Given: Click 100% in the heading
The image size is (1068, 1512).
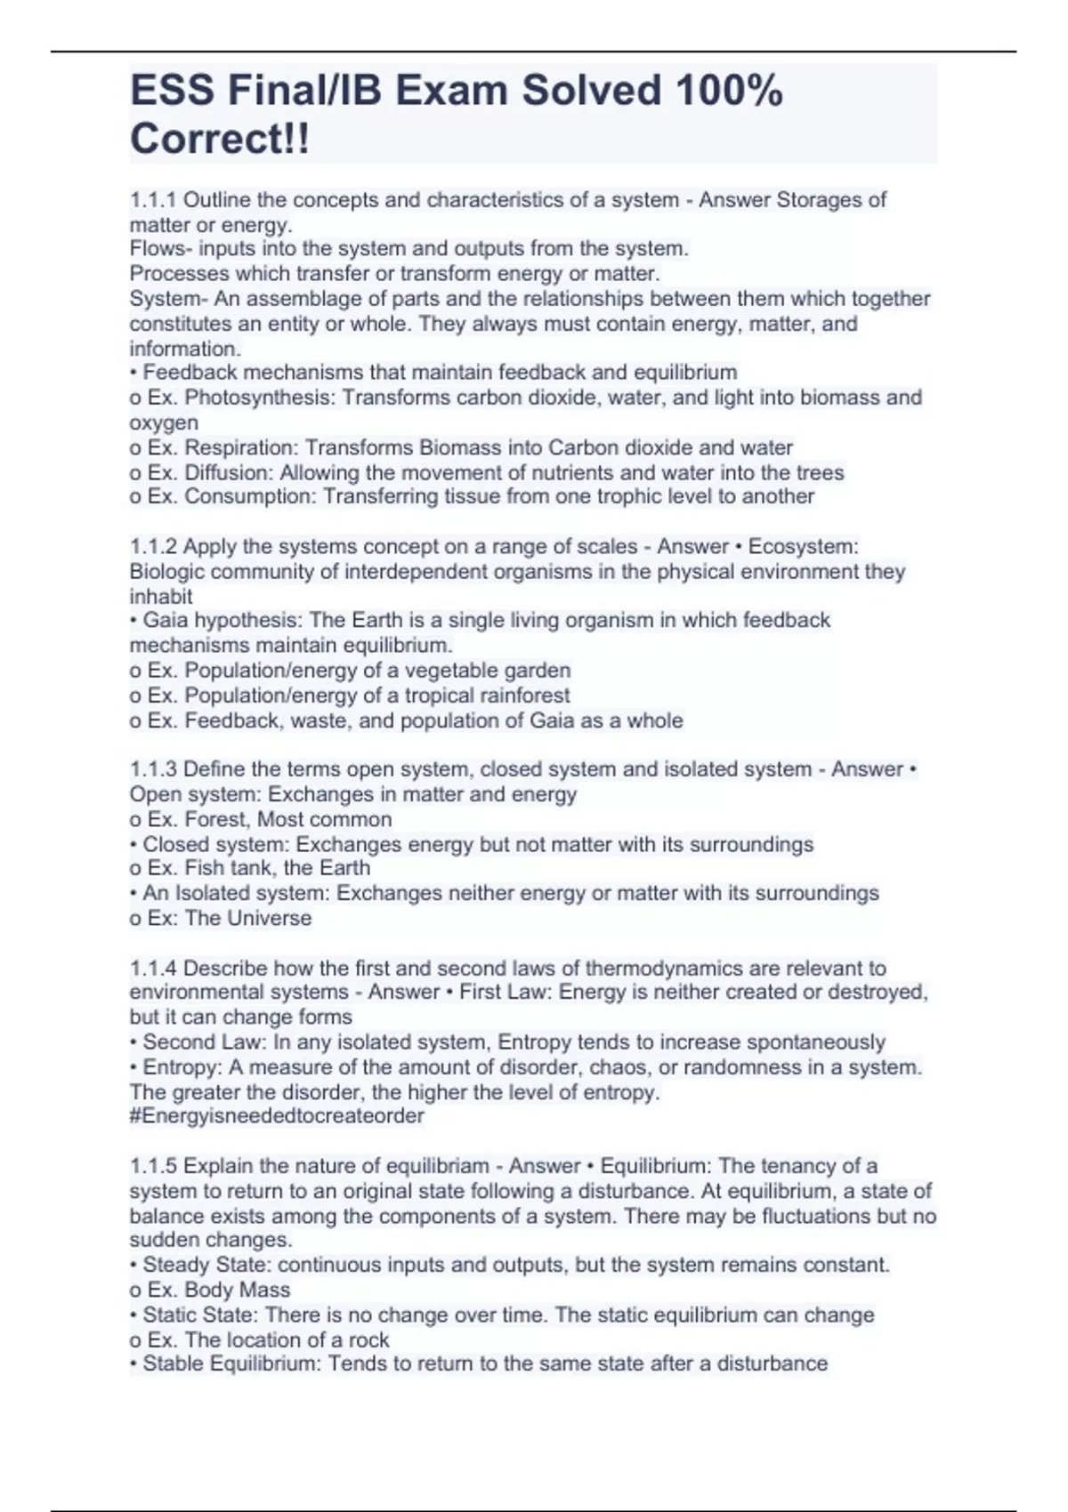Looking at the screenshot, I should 729,91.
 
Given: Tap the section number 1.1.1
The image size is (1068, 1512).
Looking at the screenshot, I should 153,200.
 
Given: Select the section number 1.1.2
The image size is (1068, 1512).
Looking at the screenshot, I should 153,547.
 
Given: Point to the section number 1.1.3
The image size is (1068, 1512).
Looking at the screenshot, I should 153,769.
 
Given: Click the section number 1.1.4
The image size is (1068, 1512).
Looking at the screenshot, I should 153,968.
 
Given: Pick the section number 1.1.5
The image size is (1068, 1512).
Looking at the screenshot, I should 153,1166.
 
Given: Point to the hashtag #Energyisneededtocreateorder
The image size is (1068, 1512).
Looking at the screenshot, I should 277,1116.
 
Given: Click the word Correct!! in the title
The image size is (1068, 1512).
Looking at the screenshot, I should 220,139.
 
